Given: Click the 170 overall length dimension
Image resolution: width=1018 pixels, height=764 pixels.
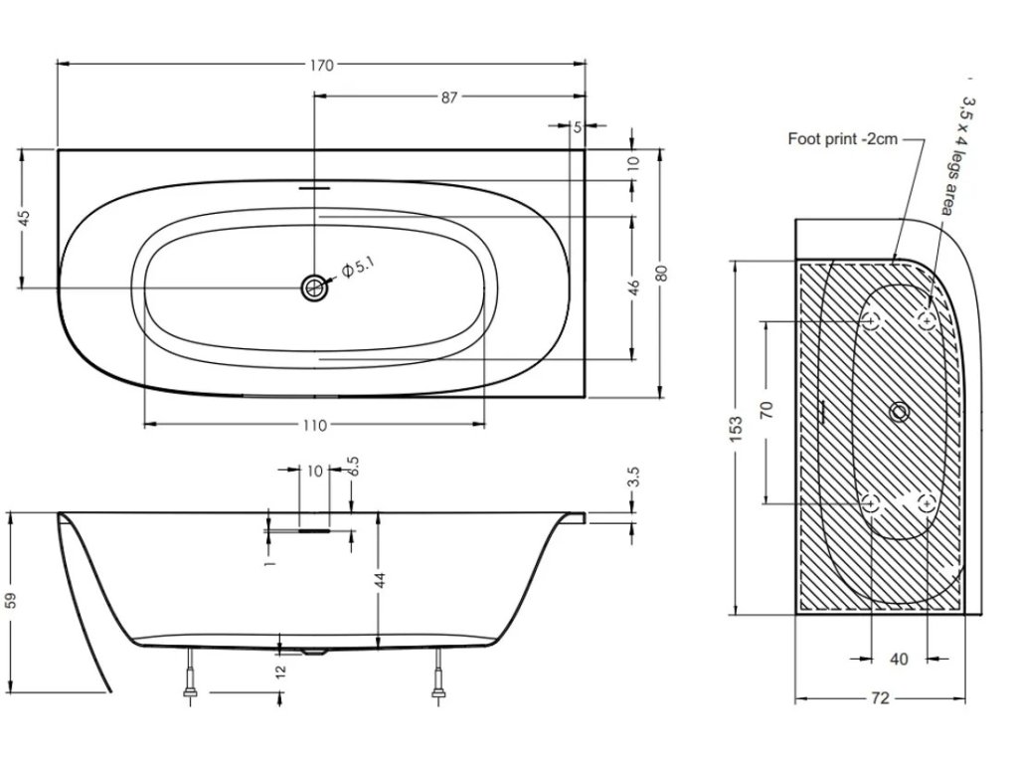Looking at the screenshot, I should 320,66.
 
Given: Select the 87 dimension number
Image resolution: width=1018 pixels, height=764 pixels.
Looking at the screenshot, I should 449,97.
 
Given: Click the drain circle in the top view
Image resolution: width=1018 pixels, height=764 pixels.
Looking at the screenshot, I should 314,288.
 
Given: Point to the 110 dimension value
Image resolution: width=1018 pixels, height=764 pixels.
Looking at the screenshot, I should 314,425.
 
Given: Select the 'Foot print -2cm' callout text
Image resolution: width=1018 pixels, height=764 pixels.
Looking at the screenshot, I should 842,139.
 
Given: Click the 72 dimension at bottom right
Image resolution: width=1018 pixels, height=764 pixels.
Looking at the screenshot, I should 879,698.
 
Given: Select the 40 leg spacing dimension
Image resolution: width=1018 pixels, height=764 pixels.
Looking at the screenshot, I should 899,659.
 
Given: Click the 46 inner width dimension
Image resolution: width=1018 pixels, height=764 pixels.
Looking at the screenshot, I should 632,288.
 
